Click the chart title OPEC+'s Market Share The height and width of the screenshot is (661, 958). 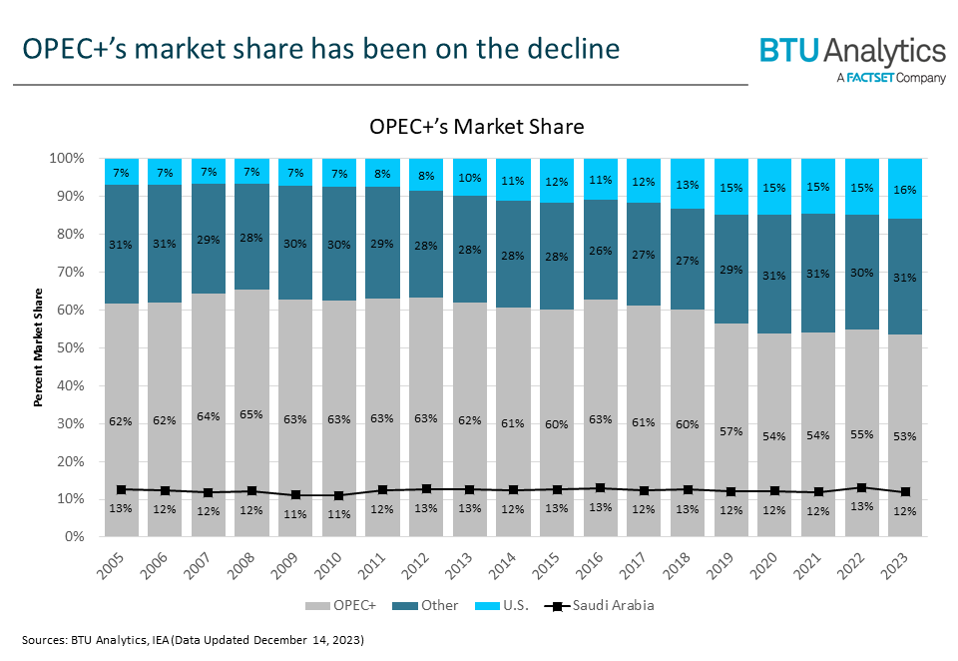pos(476,127)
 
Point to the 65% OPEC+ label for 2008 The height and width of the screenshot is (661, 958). pos(250,413)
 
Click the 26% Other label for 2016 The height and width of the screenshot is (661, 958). pos(601,251)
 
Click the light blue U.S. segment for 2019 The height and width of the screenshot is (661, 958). pos(732,187)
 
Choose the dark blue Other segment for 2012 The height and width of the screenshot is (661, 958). pos(426,245)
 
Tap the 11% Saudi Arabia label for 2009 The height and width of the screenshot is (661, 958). pos(294,515)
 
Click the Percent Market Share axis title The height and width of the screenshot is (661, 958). pos(39,347)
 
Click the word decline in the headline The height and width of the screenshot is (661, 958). pos(570,48)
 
